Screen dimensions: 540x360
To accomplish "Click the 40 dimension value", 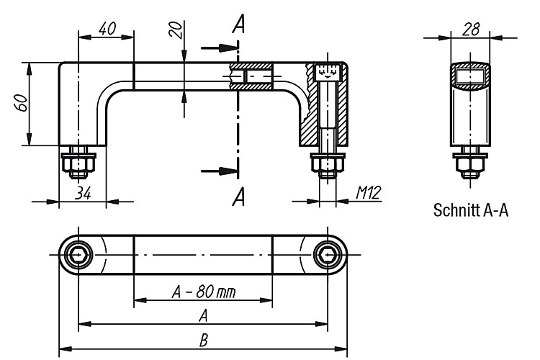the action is (107, 29).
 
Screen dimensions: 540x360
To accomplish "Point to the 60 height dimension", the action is (22, 103).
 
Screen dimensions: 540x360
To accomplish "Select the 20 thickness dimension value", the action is (175, 29).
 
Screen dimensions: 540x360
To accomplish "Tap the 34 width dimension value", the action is (84, 193).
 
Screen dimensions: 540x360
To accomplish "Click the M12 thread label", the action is (369, 192).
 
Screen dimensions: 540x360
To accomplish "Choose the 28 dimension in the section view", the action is (471, 30).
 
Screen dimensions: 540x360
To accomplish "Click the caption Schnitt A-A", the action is (470, 210).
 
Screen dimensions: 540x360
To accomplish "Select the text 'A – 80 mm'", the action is (204, 292).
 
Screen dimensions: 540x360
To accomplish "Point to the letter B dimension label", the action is (204, 341).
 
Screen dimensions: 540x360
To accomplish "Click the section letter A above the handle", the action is (238, 24).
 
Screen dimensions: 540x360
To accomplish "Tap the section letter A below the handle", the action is (238, 197).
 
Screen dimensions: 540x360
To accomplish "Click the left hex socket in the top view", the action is (79, 255).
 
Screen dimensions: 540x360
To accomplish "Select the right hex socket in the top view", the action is (327, 255).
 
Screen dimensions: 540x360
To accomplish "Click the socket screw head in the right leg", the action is (327, 72).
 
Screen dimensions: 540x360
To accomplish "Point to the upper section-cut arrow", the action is (220, 48).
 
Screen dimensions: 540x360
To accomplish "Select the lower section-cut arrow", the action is (220, 171).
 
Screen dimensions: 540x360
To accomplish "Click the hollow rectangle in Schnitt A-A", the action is (470, 76).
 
